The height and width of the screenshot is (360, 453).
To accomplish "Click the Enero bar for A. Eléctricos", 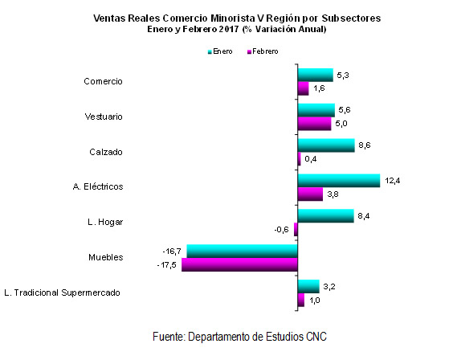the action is pos(339,181).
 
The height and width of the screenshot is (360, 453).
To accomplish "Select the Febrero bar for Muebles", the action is pos(239,264).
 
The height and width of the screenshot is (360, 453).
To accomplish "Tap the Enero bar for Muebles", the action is pos(242,251).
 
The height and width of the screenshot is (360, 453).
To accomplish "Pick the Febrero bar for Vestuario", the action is pos(314,124).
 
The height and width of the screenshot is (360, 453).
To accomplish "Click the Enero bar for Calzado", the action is pos(326,145).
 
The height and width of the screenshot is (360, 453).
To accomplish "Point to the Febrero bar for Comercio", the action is pos(303,88).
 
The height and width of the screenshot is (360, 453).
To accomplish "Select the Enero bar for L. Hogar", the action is pos(326,216).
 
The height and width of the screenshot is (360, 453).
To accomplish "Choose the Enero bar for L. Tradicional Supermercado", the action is pos(308,286).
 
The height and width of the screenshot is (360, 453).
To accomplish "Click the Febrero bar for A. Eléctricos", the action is pos(310,194).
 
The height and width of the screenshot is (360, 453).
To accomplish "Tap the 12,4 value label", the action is pos(392,181).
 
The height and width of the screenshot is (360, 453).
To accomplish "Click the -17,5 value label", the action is pos(167,265).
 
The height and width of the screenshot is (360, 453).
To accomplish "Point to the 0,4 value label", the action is pos(311,159).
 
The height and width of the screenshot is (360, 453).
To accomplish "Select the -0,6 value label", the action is pos(281,230).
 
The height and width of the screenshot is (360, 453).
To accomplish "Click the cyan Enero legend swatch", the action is pos(210,52).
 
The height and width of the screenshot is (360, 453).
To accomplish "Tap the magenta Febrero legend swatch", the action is pos(249,52).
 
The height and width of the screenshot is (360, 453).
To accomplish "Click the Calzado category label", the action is pos(106,152).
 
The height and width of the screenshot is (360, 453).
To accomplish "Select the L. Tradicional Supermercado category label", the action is pos(62,292).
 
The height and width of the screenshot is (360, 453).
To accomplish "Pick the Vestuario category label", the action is pos(104,117).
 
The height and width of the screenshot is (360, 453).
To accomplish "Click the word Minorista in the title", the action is pos(233,18).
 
